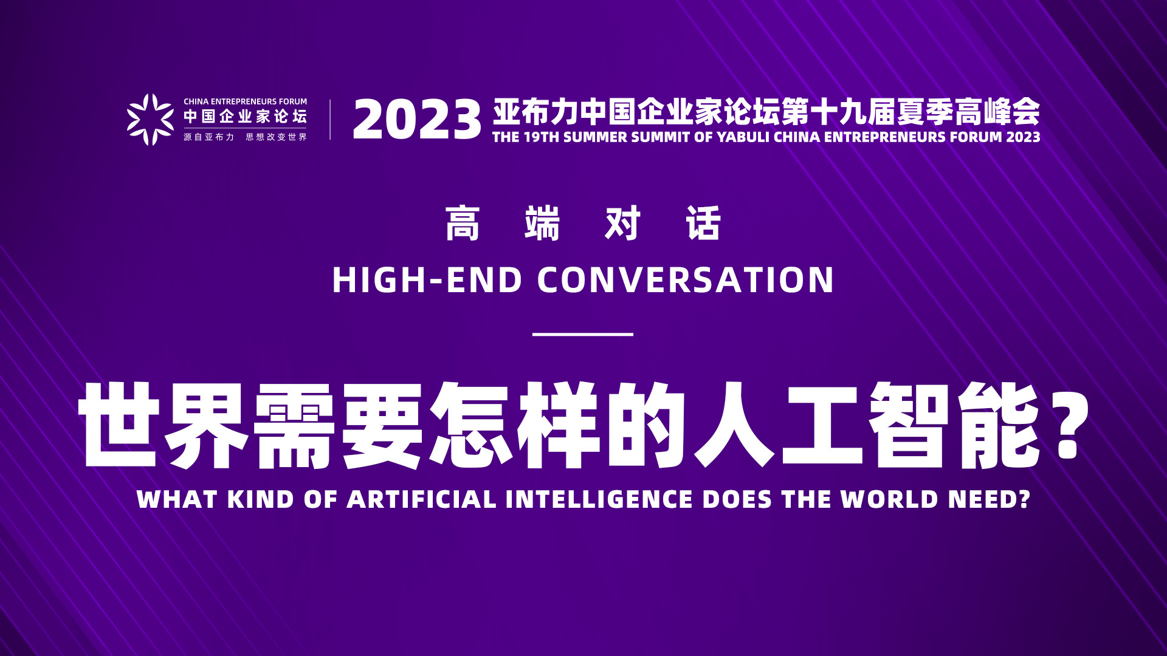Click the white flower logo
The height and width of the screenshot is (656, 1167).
point(150,120)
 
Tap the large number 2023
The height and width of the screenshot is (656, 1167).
point(417,120)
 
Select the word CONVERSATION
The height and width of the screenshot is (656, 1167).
point(686,280)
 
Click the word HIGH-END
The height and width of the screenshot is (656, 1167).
point(427,280)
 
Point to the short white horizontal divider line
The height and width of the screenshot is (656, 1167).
point(583,334)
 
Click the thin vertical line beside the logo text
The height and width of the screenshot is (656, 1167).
point(330,120)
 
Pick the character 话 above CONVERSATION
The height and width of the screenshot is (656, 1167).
point(703,224)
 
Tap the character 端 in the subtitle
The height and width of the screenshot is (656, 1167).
point(542,224)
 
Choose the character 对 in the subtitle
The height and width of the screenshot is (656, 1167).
point(623,224)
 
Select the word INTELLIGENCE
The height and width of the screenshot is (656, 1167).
point(599,499)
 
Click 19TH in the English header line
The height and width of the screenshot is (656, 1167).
point(541,137)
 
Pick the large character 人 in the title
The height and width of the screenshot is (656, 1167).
point(734,425)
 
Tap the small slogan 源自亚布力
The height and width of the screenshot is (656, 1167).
point(208,137)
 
